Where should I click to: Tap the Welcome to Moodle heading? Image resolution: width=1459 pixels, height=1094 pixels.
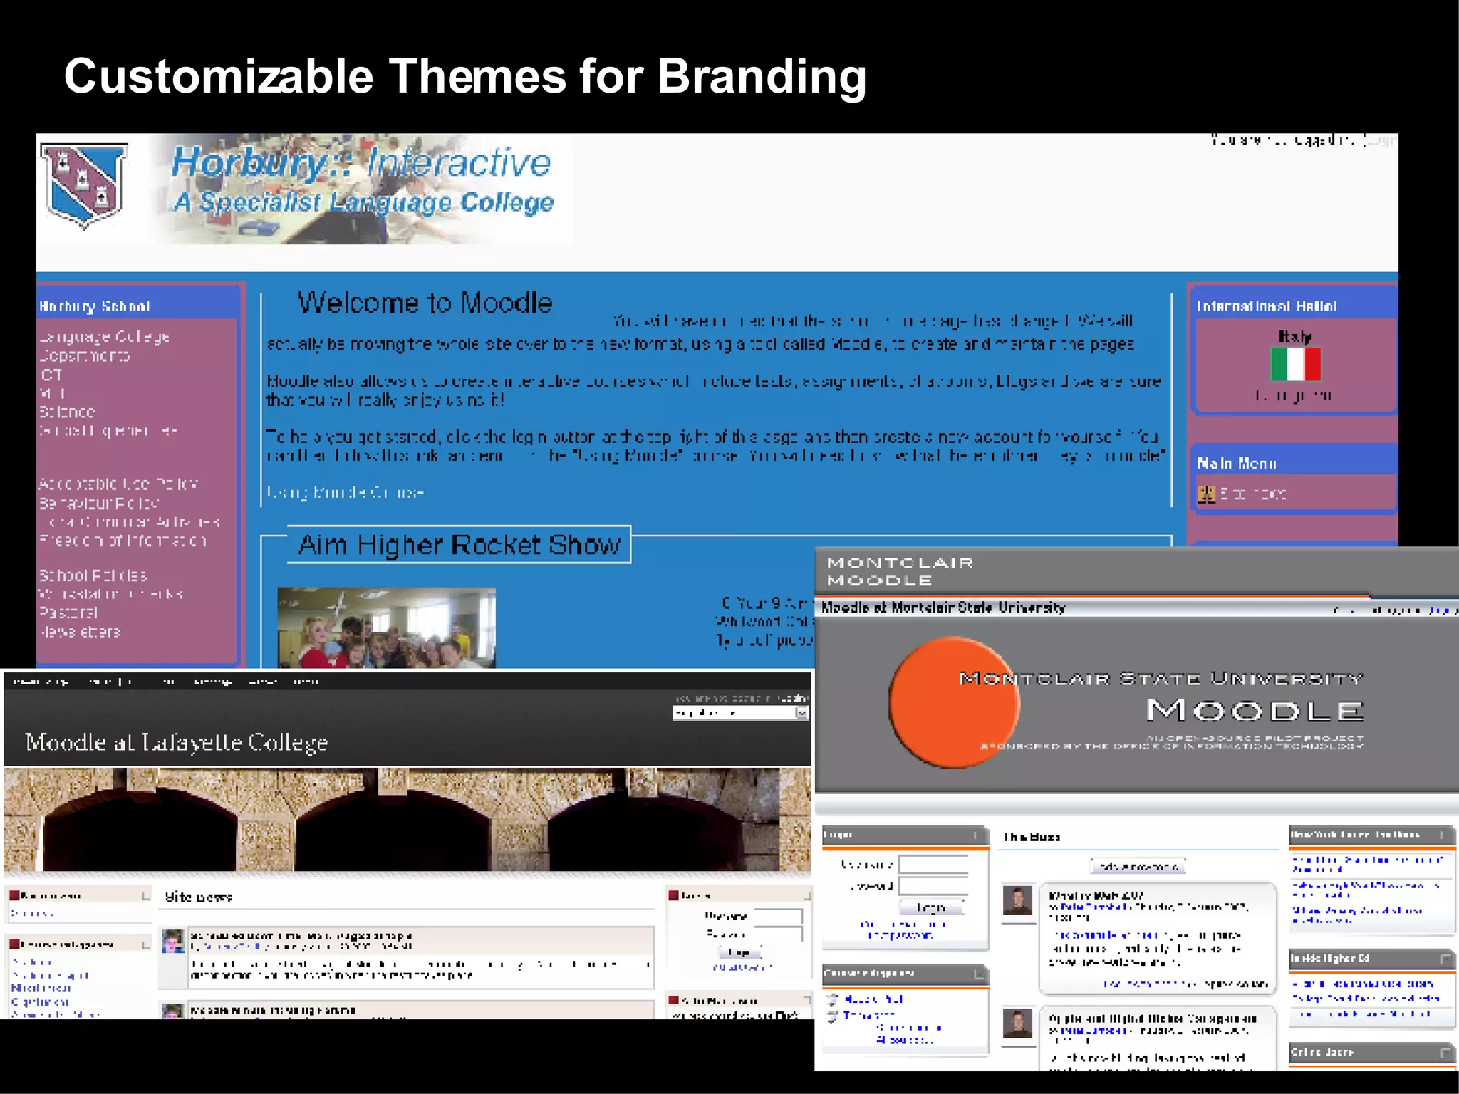pos(425,303)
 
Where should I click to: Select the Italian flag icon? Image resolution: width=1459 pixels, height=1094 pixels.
pos(1295,364)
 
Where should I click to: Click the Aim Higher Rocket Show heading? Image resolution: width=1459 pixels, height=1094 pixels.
pos(459,545)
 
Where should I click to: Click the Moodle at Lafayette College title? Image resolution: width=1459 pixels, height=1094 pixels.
pos(177,742)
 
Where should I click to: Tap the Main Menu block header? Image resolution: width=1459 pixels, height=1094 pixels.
pos(1236,463)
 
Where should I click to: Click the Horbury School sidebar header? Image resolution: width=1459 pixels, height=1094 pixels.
pos(95,306)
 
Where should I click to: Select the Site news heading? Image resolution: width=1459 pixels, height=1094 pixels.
pos(198,897)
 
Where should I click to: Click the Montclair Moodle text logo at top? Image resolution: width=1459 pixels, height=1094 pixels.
pos(900,571)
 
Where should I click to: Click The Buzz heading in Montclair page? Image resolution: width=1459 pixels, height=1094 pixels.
pos(1032,837)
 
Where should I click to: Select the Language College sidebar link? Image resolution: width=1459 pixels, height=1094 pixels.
pos(105,336)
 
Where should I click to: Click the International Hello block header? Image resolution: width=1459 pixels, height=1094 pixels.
pos(1266,306)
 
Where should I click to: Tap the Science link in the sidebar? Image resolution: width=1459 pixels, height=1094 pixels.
pos(67,412)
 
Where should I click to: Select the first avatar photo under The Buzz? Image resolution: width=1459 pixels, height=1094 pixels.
pos(1017,900)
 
